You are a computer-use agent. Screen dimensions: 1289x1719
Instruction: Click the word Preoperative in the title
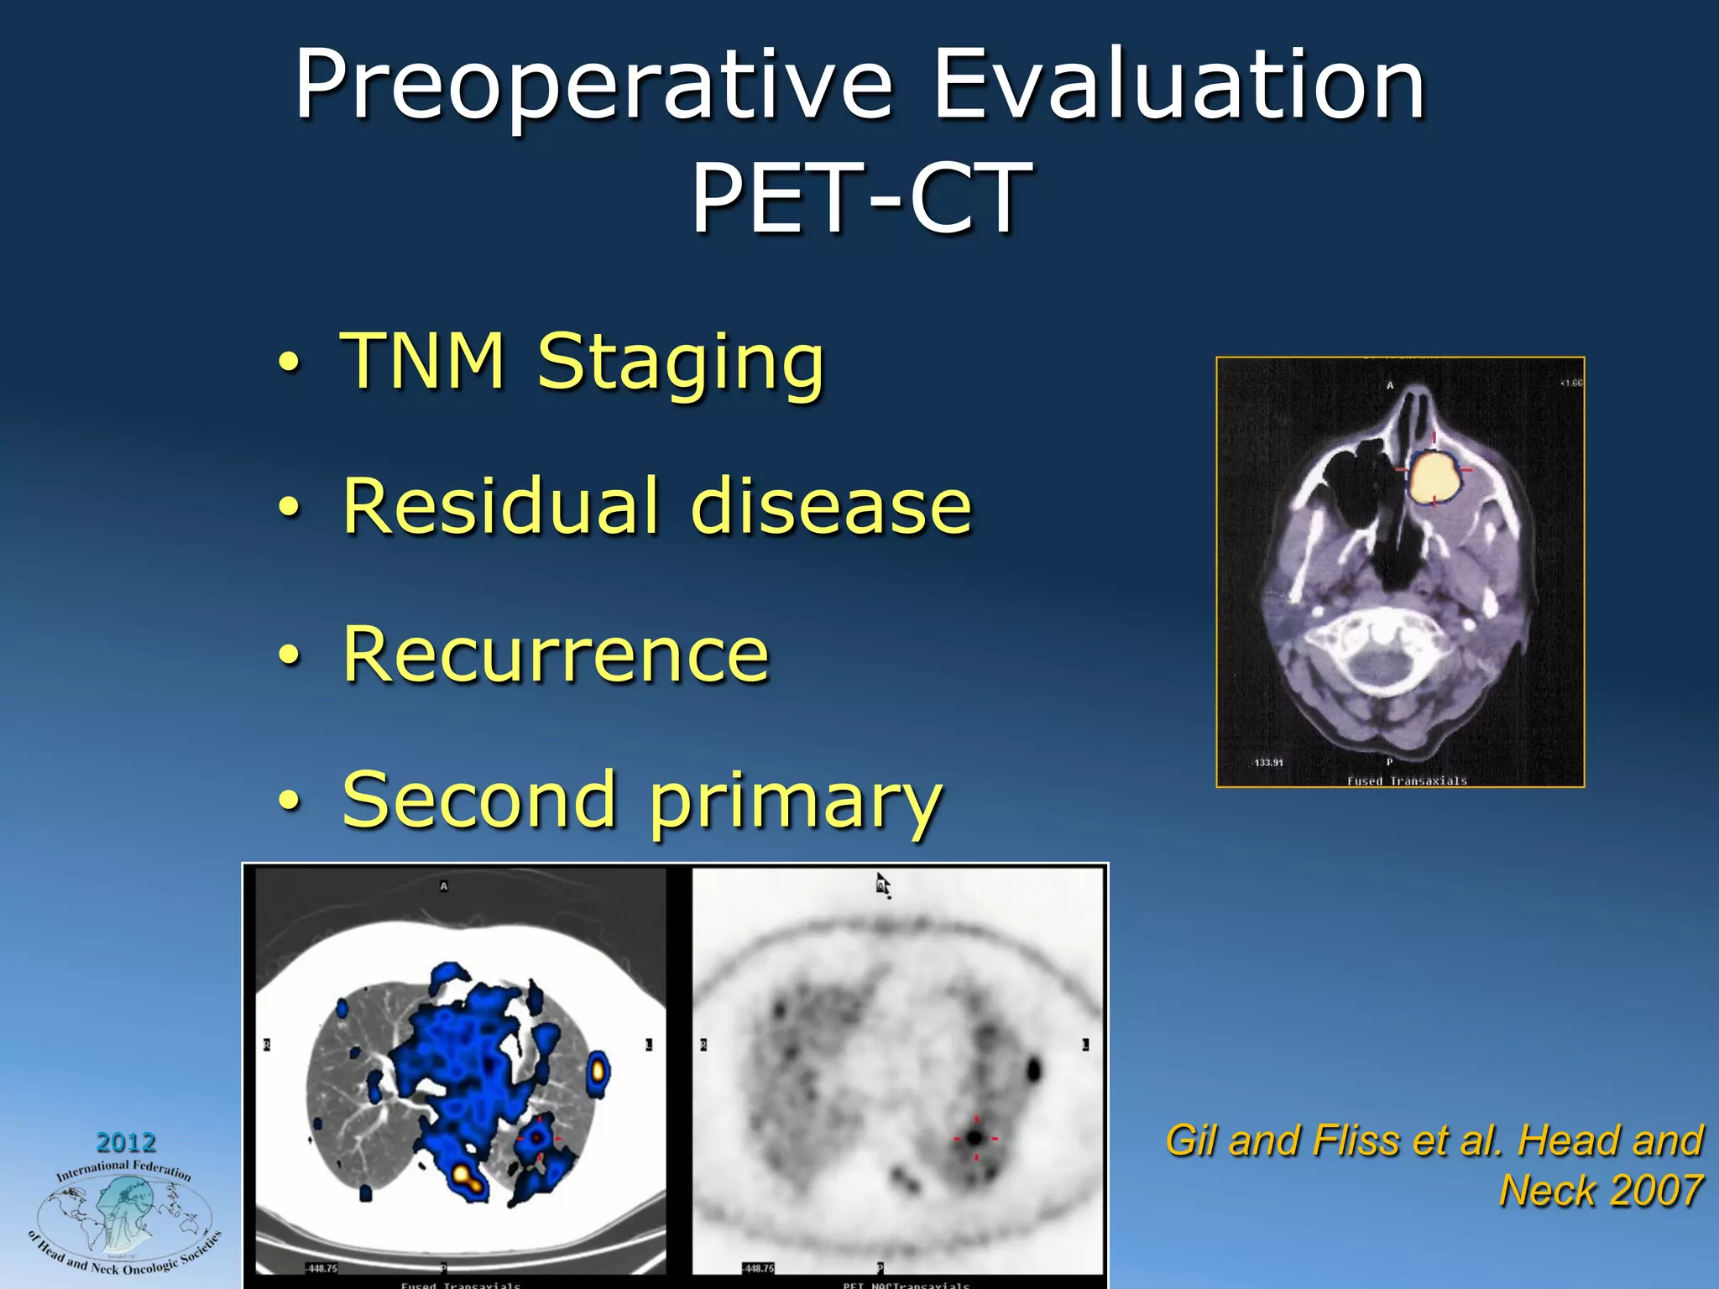tap(593, 86)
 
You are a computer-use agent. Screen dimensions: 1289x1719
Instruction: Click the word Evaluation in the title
tap(1178, 86)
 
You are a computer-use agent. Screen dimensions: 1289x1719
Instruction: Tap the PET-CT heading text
tap(860, 199)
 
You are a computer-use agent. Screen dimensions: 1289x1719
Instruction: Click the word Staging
tap(681, 363)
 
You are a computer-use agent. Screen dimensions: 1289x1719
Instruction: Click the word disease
tap(830, 507)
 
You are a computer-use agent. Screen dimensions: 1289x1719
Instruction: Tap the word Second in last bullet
tap(479, 799)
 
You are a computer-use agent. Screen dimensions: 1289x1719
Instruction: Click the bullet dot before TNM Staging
tap(288, 363)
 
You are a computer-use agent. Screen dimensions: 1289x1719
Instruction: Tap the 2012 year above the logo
tap(126, 1142)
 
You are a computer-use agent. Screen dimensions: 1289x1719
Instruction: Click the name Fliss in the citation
tap(1357, 1141)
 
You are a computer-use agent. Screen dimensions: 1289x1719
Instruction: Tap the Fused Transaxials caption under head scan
tap(1407, 780)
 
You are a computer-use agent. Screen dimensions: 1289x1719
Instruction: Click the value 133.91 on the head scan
tap(1268, 763)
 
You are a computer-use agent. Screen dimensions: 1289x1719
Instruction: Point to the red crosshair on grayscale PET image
tap(975, 1139)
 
